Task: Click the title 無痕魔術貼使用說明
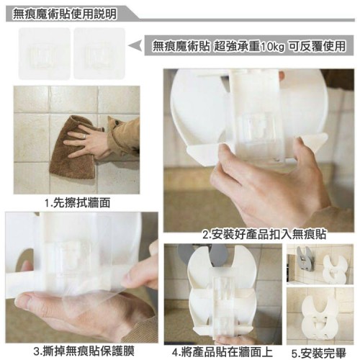tap(65, 14)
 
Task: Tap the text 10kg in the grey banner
tap(272, 46)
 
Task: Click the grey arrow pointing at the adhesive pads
tap(135, 46)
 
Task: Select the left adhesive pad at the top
tap(45, 53)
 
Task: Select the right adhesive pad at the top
tap(99, 53)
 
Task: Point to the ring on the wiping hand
tap(84, 136)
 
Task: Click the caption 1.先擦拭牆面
tap(78, 203)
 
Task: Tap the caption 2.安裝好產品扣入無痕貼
tap(264, 235)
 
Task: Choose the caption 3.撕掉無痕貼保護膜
tap(84, 351)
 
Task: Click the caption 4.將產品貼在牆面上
tap(222, 352)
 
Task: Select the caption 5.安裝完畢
tap(319, 353)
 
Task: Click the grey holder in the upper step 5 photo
tap(305, 259)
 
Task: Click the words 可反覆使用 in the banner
tap(317, 46)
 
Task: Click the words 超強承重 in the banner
tap(236, 46)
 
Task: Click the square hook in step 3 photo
tap(68, 257)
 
